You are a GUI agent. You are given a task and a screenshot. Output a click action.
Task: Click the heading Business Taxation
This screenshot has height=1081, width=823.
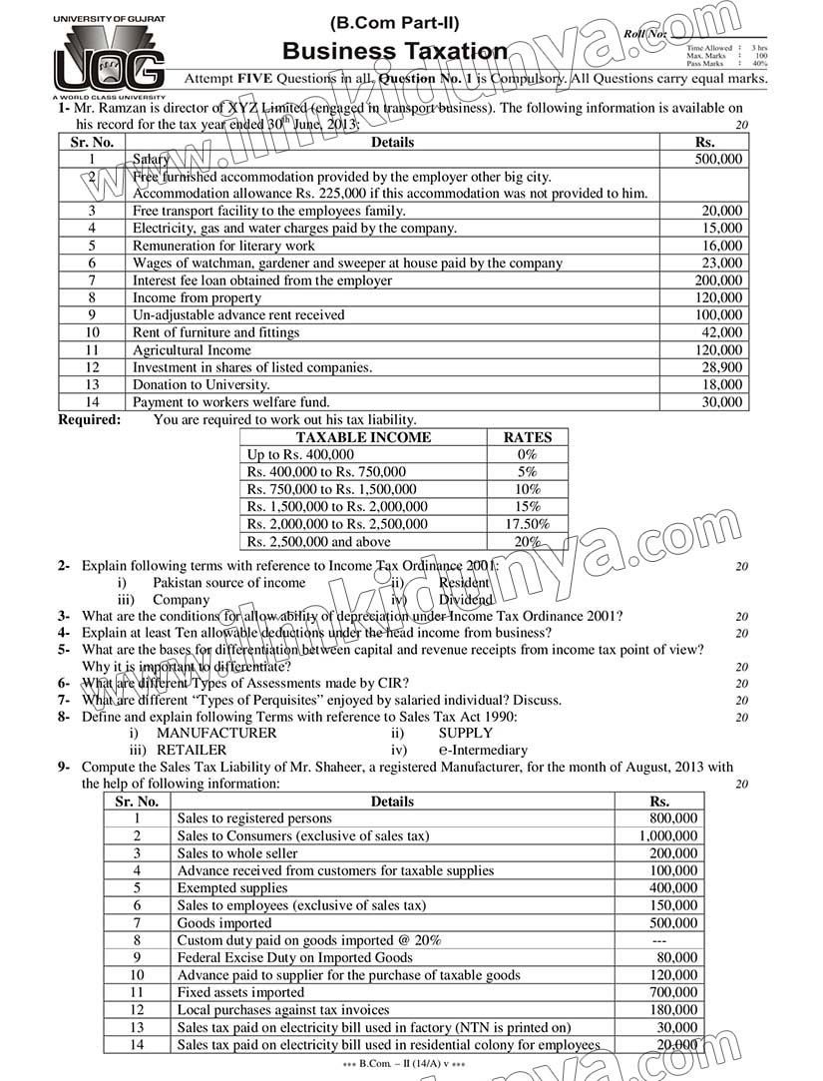[394, 51]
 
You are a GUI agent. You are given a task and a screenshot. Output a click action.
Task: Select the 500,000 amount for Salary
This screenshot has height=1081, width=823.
[718, 159]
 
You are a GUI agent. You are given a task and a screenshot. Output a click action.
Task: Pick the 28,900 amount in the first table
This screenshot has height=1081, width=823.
[721, 367]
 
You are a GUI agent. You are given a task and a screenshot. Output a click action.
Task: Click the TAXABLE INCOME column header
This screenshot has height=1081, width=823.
[364, 437]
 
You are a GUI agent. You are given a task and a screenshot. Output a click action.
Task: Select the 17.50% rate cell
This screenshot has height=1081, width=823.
[527, 524]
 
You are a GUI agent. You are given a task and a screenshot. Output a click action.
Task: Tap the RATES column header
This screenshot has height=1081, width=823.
[527, 437]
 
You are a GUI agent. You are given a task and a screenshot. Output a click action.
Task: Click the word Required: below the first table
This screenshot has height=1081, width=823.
[89, 420]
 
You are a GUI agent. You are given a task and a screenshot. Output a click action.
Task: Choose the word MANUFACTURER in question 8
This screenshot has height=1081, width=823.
[216, 733]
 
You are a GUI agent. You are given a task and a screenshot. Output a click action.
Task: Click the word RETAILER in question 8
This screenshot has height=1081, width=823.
[192, 750]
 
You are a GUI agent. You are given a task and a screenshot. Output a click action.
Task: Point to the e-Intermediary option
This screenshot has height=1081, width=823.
[483, 750]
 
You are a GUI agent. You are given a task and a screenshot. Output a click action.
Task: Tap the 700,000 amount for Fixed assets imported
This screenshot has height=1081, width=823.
[675, 992]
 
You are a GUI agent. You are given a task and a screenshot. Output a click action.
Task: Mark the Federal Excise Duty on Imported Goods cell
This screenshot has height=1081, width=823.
[294, 957]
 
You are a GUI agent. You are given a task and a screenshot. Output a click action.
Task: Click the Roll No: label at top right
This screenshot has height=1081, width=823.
[644, 34]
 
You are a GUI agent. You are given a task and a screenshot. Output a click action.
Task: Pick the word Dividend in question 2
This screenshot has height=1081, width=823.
[465, 600]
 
